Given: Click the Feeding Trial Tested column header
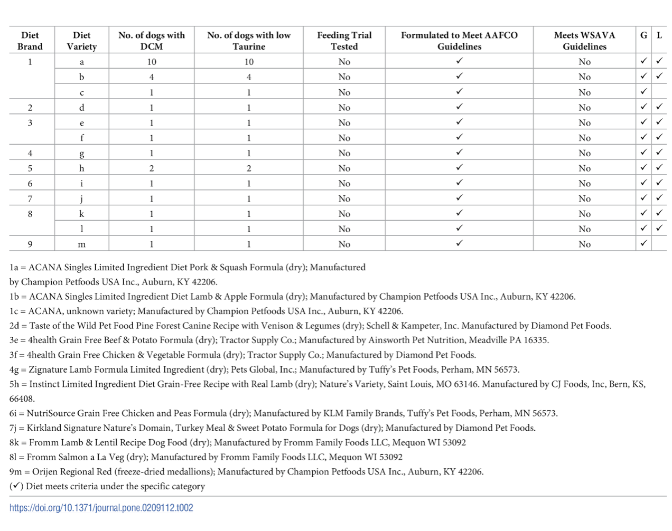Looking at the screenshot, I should coord(344,41).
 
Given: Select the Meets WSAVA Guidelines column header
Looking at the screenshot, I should coord(584,41).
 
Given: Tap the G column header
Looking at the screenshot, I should coord(643,35).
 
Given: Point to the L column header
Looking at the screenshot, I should coord(659,35).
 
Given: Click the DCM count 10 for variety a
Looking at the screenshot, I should coord(152,62).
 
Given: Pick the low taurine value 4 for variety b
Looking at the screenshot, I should coord(249,77).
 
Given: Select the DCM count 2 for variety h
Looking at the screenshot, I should coord(152,168).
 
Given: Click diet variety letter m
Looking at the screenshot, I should coord(82,244).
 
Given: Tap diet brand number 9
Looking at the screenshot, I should coord(30,244).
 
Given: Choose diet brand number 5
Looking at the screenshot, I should coord(30,168).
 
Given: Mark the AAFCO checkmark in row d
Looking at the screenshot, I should coord(459,107).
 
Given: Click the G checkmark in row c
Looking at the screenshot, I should coord(643,91).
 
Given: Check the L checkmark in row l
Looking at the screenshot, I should coord(659,228).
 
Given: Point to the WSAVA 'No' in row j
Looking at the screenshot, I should coord(584,199).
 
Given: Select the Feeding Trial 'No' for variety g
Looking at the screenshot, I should coord(344,153).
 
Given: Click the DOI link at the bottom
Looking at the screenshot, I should coord(101,508).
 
